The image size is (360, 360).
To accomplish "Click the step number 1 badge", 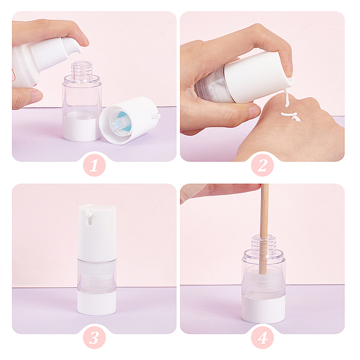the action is tap(94, 165).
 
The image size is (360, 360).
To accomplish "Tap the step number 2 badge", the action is tap(262, 165).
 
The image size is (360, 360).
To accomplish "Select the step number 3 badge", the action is tap(94, 337).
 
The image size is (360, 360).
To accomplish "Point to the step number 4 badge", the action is tap(262, 337).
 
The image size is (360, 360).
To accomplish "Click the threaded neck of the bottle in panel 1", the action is tap(81, 68).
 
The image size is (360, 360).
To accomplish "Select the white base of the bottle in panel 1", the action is tap(82, 128).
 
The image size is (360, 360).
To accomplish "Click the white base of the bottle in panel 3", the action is tap(97, 303).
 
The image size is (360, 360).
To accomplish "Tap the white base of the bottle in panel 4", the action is tap(263, 310).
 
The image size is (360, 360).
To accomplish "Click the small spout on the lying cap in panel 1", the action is tap(157, 116).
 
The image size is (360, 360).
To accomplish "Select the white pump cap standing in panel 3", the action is tap(97, 233).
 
